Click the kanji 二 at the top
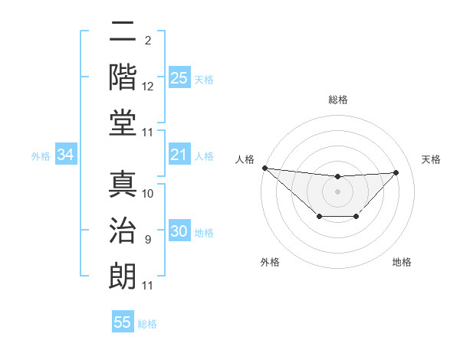[x=123, y=31]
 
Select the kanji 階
[x=123, y=77]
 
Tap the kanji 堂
[x=123, y=123]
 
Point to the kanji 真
[x=123, y=185]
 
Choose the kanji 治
[x=123, y=231]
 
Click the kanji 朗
[x=123, y=277]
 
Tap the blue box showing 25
[x=179, y=77]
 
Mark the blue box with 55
[x=123, y=322]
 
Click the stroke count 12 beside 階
[x=148, y=87]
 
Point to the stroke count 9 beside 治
[x=147, y=240]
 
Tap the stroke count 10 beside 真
[x=148, y=194]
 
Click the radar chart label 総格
[x=337, y=100]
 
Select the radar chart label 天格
[x=432, y=159]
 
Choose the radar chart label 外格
[x=270, y=262]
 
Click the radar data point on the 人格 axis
[x=264, y=168]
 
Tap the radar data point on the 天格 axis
[x=396, y=172]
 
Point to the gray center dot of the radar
[x=337, y=191]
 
